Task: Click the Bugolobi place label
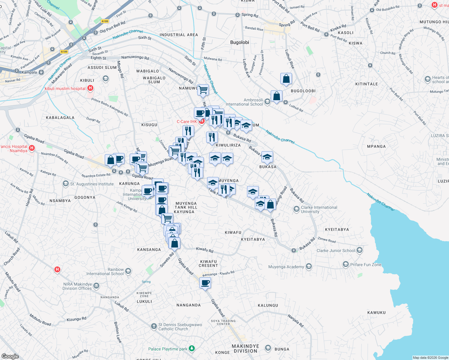240,42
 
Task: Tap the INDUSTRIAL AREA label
179,35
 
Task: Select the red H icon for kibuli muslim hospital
90,88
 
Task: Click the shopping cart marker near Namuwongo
203,89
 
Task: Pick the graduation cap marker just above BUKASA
267,157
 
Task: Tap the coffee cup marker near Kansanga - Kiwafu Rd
205,283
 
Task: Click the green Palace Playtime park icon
192,349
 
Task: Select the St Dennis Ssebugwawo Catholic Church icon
154,326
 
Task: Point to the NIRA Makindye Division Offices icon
96,286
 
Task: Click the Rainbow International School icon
128,271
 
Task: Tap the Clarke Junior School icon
360,250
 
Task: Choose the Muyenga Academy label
286,267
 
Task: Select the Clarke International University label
319,209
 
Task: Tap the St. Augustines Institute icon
66,184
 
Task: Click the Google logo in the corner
10,356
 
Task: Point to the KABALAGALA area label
60,118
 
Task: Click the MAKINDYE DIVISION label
245,349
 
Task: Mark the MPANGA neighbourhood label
376,146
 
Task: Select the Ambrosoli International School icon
267,102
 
